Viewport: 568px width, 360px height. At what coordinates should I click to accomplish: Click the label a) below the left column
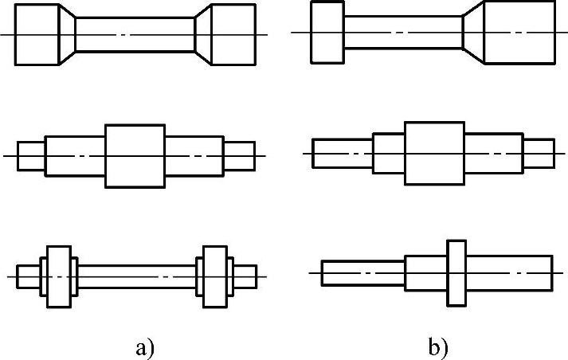143,347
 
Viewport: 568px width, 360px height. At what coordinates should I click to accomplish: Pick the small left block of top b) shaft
327,33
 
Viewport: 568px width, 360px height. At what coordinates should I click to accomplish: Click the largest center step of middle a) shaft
135,155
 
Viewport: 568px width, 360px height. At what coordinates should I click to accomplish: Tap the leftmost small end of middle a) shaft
30,155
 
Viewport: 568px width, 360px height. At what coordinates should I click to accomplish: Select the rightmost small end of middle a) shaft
239,155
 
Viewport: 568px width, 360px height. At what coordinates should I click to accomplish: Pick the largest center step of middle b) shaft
434,152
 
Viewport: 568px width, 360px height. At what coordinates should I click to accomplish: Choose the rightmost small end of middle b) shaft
539,152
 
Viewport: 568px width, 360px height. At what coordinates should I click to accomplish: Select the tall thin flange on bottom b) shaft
456,272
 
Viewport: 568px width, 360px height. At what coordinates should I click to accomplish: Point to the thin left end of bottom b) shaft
362,272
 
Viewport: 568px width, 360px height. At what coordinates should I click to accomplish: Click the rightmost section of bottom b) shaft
509,272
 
